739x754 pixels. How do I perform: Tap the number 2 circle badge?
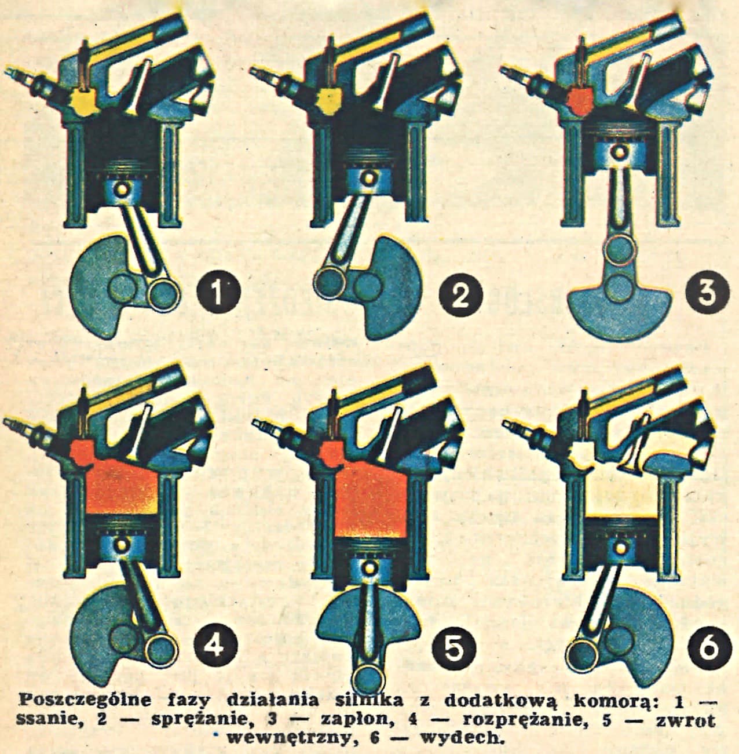coord(460,294)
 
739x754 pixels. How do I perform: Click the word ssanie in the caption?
coord(49,719)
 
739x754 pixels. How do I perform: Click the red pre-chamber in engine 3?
coord(580,103)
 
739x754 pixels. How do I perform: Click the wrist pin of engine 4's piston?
coord(121,544)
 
